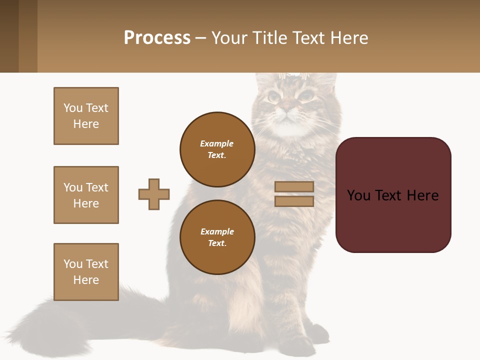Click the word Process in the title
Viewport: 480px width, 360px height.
[x=157, y=38]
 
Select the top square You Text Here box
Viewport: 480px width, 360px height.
[x=86, y=116]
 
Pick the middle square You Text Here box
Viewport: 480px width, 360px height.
[x=86, y=195]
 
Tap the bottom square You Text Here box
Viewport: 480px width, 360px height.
[x=86, y=272]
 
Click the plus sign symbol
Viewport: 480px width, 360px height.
[x=154, y=194]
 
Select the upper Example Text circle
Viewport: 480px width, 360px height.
[x=217, y=149]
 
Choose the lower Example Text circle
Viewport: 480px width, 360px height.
[x=217, y=237]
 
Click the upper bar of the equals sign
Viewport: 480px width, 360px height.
[x=294, y=186]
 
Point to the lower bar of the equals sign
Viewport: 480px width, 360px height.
[x=294, y=201]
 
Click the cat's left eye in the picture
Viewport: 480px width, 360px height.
[x=273, y=96]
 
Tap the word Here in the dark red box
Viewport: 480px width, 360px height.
[x=422, y=195]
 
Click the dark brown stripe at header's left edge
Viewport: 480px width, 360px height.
[x=9, y=36]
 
